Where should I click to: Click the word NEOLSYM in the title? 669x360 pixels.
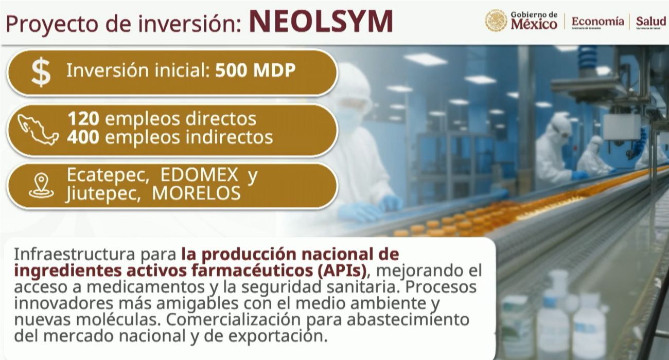(321, 22)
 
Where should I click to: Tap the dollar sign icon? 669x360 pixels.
(41, 72)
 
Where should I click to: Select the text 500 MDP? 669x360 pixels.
(255, 70)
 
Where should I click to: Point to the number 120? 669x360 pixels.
(83, 119)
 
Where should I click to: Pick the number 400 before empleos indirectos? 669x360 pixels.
(83, 137)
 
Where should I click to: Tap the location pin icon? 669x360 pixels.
(41, 186)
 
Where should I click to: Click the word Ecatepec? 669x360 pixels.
(108, 175)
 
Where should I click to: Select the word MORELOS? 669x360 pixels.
(196, 193)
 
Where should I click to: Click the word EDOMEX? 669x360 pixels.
(199, 175)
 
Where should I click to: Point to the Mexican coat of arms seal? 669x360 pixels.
(496, 21)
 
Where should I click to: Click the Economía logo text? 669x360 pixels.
(597, 22)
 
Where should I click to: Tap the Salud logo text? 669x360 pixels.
(651, 22)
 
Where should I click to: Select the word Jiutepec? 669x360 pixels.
(103, 194)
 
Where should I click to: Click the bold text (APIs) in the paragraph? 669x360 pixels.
(340, 271)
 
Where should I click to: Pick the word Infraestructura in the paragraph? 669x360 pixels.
(75, 255)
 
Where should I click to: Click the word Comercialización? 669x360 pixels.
(233, 319)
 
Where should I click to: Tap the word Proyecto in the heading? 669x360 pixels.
(52, 24)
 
